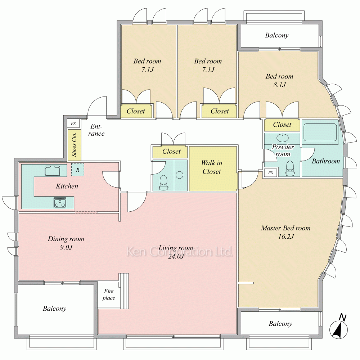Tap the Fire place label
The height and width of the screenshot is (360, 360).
109,294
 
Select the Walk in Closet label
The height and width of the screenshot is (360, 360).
212,167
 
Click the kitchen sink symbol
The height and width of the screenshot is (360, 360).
53,171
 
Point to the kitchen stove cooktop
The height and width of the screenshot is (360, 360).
60,203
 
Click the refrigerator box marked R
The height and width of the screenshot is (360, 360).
78,170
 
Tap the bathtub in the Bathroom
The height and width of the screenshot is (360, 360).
320,132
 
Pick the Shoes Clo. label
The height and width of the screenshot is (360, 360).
75,145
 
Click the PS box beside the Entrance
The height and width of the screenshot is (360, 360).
73,123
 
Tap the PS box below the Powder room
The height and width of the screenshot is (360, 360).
270,173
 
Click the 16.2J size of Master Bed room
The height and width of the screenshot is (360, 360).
286,237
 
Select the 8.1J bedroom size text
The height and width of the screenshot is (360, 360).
279,85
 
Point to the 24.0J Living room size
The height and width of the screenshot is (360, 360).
176,256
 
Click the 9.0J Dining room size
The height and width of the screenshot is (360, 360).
66,248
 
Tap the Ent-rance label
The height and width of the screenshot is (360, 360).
96,130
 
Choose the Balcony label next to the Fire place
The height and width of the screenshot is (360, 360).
54,309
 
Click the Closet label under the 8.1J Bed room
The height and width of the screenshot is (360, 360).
282,125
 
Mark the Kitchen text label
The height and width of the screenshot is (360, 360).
67,186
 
